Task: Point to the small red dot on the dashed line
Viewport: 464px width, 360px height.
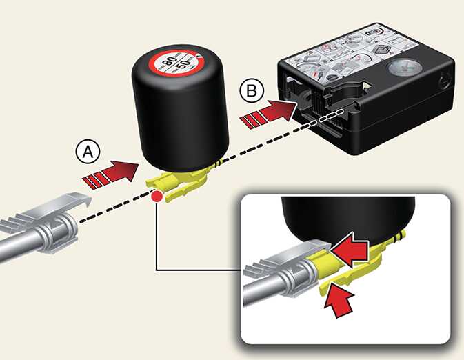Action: [x=158, y=198]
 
